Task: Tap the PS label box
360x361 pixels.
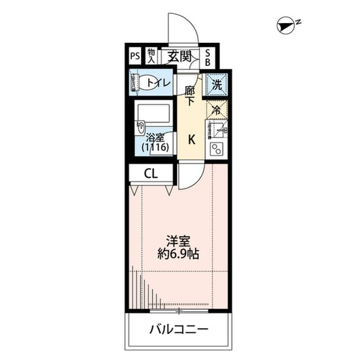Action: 135,56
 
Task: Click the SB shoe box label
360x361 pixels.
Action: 207,56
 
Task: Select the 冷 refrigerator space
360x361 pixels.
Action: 215,110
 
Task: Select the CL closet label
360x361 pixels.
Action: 150,174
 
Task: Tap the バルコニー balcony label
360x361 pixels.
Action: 179,329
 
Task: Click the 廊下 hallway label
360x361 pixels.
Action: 190,95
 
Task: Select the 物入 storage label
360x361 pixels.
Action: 152,55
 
